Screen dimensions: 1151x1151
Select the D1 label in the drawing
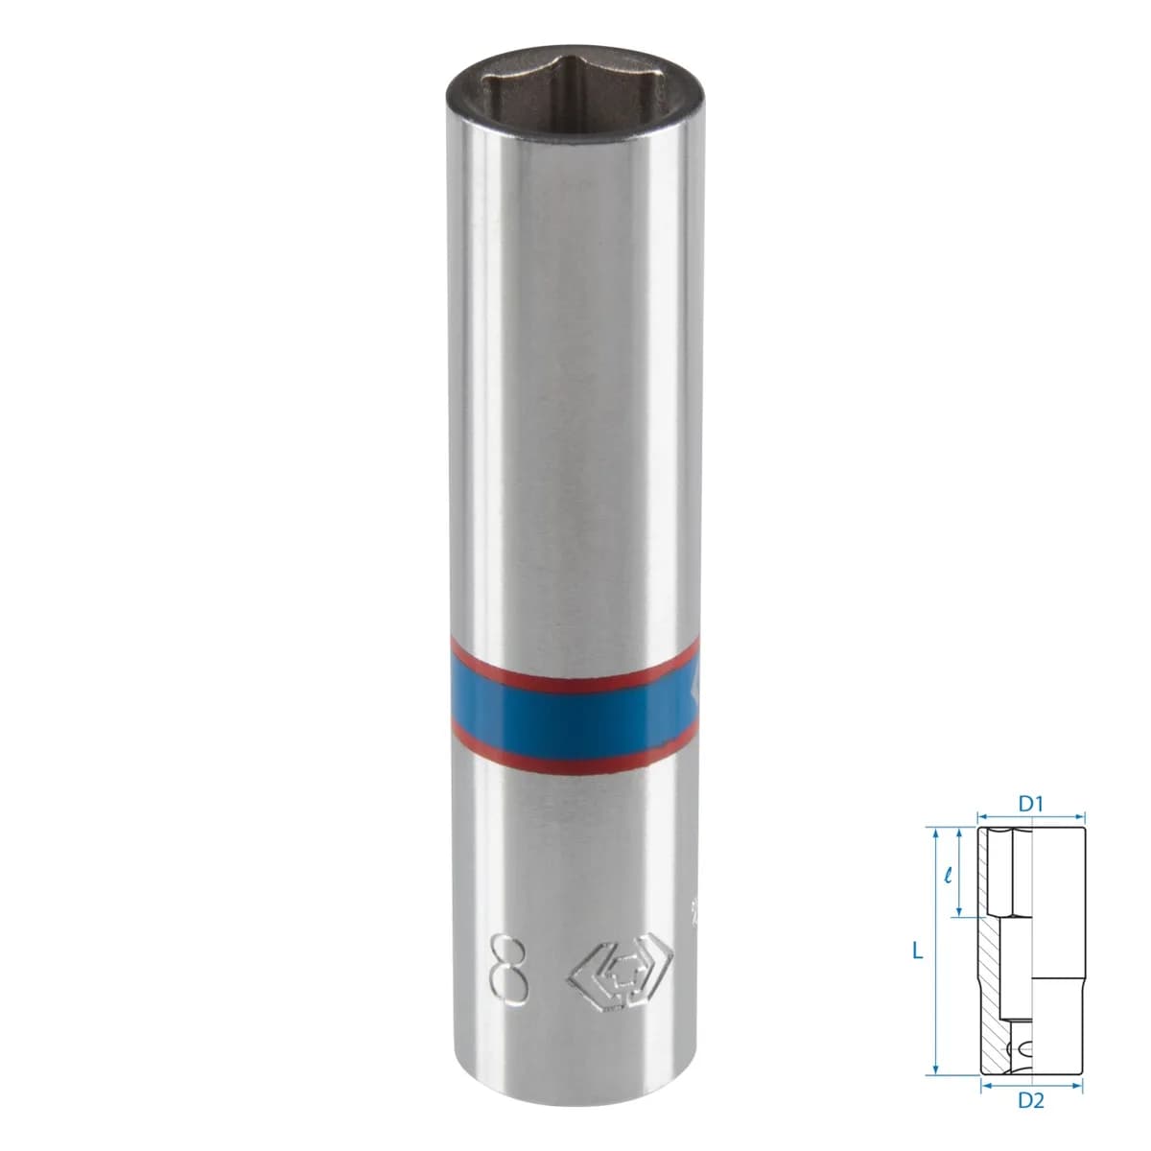pos(1031,805)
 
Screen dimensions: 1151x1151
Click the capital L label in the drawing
pos(918,951)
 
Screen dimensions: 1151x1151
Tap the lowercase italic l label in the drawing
pos(948,878)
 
